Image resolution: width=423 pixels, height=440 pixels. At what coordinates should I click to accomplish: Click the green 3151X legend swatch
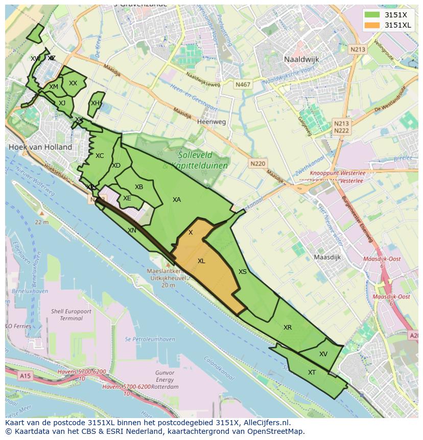tap(372, 15)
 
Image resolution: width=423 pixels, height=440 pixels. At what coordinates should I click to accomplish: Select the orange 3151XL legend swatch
tap(372, 25)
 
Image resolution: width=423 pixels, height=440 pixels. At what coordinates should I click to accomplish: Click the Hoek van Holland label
tap(40, 147)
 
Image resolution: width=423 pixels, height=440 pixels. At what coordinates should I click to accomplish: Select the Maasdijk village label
tap(327, 257)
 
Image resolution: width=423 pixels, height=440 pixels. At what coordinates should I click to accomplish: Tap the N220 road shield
tap(258, 164)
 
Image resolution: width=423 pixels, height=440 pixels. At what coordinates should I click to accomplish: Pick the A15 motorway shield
tap(24, 376)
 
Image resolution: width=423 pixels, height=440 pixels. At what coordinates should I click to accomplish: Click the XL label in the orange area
tap(201, 261)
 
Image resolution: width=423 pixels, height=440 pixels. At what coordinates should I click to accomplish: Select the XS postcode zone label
tap(243, 272)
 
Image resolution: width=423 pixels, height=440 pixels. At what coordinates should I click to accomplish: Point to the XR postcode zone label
tap(288, 328)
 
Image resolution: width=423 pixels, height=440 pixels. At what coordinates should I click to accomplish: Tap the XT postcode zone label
tap(312, 373)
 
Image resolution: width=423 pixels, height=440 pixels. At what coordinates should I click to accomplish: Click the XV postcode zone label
tap(323, 354)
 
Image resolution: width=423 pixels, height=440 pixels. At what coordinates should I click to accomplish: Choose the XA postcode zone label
tap(177, 200)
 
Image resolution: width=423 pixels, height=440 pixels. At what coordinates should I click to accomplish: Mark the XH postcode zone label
tap(95, 103)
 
